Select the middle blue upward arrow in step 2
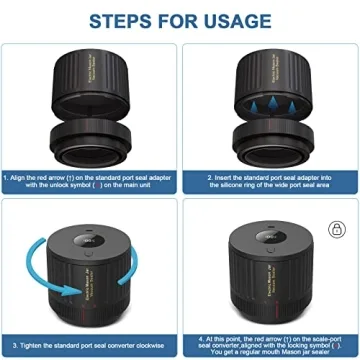271,114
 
